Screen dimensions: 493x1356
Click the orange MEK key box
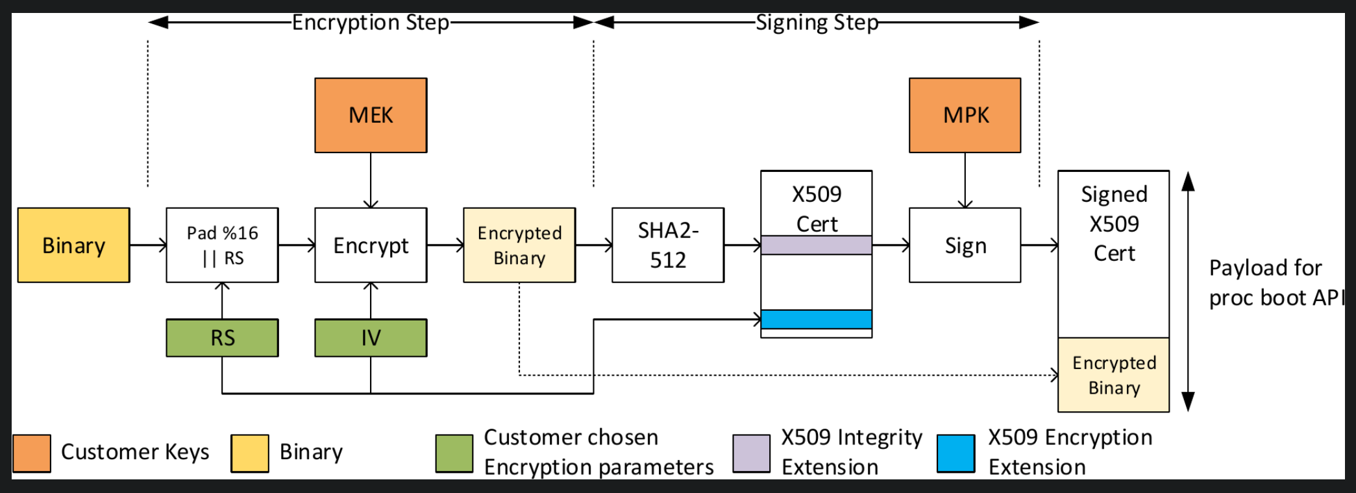[371, 115]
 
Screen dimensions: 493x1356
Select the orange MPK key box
[965, 115]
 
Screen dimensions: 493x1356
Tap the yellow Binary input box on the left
[73, 245]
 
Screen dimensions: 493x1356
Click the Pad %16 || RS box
[222, 245]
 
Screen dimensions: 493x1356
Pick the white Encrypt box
[371, 245]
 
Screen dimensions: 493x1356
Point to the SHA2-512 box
[667, 245]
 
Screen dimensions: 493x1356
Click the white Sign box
[965, 245]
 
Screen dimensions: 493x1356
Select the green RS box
[222, 338]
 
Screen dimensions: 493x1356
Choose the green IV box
[371, 338]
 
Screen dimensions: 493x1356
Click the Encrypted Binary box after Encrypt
[519, 245]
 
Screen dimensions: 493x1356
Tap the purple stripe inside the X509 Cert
[816, 245]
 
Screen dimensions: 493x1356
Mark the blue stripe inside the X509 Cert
[816, 319]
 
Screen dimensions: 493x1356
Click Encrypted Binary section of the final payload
[1113, 375]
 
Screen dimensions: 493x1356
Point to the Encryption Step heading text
[370, 23]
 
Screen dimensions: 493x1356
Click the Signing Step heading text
[817, 23]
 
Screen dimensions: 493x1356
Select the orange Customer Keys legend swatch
[32, 453]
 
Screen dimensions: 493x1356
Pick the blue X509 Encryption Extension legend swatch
[955, 453]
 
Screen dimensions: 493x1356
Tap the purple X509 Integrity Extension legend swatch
[751, 453]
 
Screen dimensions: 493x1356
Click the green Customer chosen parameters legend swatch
[454, 453]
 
